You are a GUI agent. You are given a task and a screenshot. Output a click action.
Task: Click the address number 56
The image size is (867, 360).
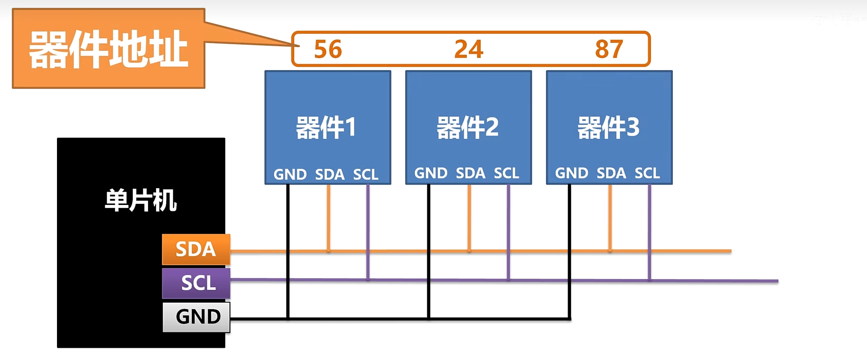click(x=328, y=49)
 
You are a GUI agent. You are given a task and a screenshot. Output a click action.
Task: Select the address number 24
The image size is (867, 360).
click(x=468, y=49)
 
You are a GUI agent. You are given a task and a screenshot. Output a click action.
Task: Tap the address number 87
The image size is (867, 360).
click(x=609, y=49)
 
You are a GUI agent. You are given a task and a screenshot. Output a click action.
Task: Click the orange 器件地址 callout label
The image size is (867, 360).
click(x=108, y=49)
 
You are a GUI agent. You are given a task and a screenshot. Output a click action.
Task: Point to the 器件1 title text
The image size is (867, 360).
click(x=326, y=127)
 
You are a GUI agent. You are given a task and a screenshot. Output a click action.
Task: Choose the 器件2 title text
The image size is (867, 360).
click(x=467, y=127)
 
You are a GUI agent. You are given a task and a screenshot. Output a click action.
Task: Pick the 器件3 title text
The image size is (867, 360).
click(x=608, y=127)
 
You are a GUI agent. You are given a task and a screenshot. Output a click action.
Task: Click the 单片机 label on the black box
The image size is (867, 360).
click(x=140, y=200)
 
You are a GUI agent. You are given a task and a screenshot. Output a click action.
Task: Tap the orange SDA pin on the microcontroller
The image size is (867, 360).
click(x=196, y=249)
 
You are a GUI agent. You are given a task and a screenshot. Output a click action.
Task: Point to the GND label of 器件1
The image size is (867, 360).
click(x=290, y=174)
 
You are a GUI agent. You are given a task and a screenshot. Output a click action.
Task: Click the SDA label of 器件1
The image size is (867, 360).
click(x=330, y=174)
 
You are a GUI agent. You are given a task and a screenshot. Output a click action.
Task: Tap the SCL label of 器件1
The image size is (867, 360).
click(x=366, y=174)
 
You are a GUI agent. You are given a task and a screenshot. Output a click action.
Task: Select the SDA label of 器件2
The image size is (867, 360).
click(x=470, y=173)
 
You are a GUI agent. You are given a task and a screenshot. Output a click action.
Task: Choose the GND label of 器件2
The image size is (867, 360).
click(x=431, y=173)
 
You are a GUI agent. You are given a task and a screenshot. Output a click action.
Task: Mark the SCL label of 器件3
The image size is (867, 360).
click(x=647, y=173)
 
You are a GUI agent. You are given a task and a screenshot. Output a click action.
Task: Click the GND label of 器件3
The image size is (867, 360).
click(x=572, y=173)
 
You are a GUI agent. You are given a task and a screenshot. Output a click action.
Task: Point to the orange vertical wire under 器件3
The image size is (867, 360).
click(x=610, y=216)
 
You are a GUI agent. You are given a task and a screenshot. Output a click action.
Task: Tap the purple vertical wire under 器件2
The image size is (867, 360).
click(x=508, y=229)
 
